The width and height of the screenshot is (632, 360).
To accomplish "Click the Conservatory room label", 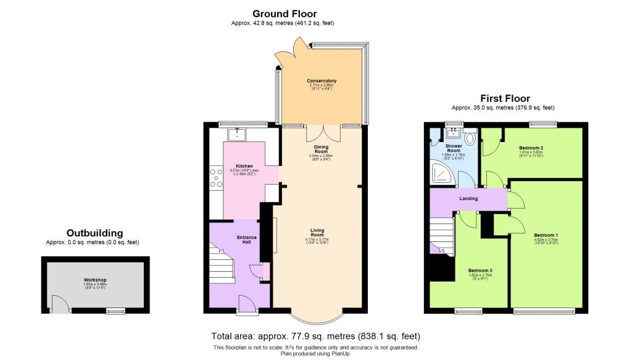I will [x=322, y=81].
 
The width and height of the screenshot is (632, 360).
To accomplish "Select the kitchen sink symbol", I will [x=236, y=134].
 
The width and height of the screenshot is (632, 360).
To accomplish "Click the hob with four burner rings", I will [x=216, y=177].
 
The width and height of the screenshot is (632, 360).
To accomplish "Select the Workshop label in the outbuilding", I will [x=96, y=280].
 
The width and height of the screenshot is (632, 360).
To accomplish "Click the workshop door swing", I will [x=59, y=304].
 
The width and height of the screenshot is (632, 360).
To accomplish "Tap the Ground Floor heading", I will [x=285, y=14].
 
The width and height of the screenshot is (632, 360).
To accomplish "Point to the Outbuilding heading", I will [x=94, y=233].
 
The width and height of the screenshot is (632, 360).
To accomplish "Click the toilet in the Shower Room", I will [x=470, y=137].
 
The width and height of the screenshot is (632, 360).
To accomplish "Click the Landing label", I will [x=469, y=198].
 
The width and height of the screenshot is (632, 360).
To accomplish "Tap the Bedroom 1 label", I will [x=546, y=235].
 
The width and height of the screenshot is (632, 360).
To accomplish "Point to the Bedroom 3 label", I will [x=480, y=271].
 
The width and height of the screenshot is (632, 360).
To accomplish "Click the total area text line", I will [x=315, y=337].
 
